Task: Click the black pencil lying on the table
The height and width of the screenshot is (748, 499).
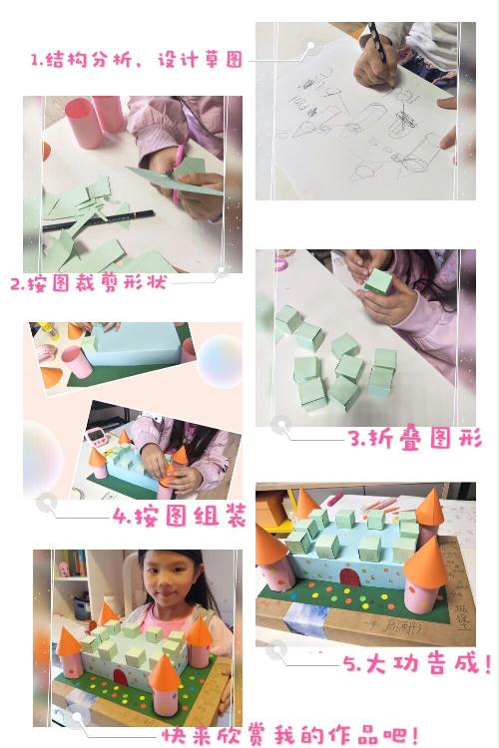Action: click(99, 220)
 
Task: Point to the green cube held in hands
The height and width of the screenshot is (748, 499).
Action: click(378, 281)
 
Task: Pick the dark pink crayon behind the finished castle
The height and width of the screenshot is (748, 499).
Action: click(335, 499)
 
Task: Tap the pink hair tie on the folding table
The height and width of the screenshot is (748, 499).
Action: click(281, 263)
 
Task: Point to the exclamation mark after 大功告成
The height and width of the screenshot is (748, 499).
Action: click(487, 663)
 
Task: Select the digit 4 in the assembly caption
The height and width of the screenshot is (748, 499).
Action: click(119, 516)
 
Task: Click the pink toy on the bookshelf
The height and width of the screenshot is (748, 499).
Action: click(64, 568)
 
